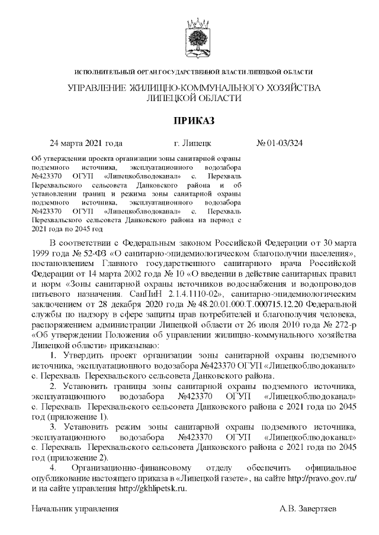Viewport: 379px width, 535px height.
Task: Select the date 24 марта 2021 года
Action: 86,143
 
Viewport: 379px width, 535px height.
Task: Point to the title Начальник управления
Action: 75,509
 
